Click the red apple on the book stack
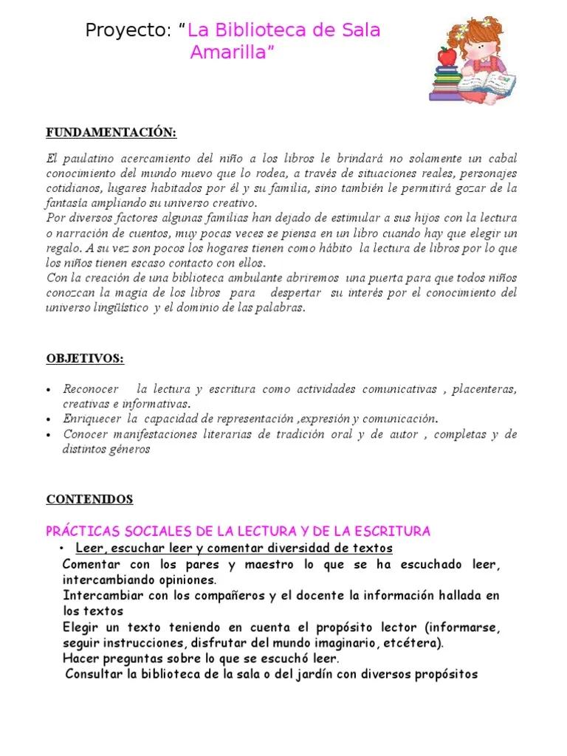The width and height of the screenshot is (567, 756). click(x=446, y=55)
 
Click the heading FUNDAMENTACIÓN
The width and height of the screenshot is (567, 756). click(x=111, y=133)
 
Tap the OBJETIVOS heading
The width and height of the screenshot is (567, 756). click(x=85, y=359)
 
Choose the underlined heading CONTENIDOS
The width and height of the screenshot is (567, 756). click(x=89, y=499)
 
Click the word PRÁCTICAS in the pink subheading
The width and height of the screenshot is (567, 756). click(x=80, y=532)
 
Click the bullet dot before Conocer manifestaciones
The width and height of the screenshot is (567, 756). click(x=49, y=435)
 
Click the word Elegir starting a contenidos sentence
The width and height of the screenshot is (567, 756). click(x=82, y=627)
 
